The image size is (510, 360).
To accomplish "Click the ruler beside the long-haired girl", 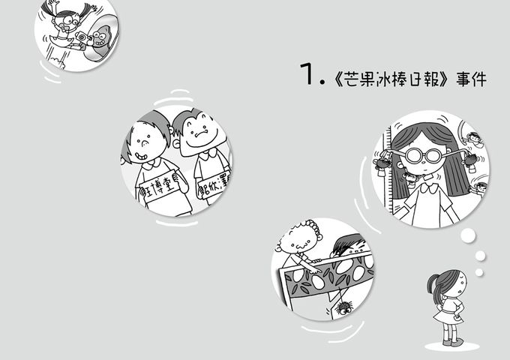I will point(388,165).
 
